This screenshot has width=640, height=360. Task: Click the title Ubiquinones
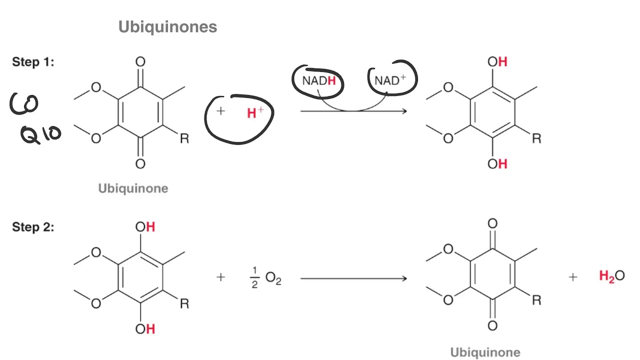click(167, 26)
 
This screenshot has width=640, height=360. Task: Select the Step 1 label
click(33, 62)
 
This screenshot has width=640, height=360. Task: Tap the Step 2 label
click(33, 227)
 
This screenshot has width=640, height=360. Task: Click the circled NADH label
click(318, 81)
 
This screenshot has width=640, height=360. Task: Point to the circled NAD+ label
click(390, 80)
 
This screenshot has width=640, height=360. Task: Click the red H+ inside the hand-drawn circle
click(255, 113)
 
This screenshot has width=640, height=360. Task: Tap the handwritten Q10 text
click(40, 133)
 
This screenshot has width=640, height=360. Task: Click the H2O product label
click(611, 276)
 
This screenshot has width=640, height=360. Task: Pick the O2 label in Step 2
click(273, 278)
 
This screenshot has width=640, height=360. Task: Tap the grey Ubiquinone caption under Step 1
click(133, 188)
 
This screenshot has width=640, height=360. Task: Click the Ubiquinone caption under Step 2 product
click(485, 352)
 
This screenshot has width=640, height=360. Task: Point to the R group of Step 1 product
click(536, 138)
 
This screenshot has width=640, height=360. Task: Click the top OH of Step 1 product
click(497, 62)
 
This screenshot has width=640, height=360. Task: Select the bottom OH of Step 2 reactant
click(145, 328)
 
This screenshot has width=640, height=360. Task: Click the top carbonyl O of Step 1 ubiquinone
click(140, 62)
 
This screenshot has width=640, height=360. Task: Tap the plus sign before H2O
click(573, 276)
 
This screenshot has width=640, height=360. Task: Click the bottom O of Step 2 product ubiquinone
click(492, 326)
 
